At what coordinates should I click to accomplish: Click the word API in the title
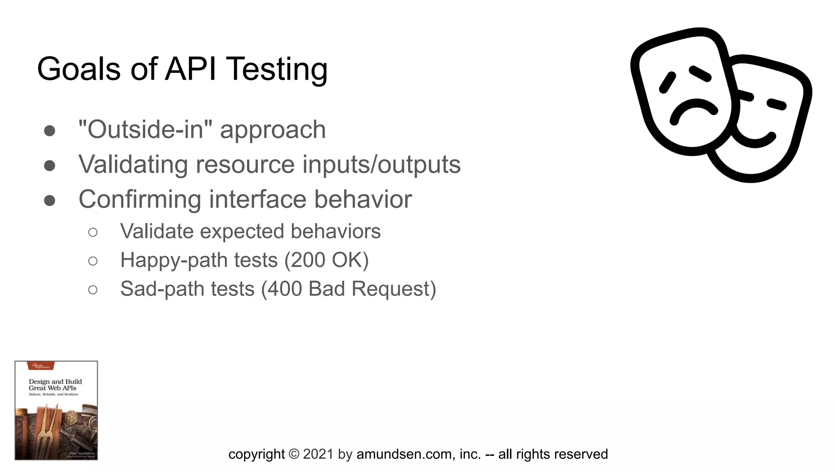190,69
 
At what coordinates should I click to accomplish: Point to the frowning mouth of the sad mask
693,110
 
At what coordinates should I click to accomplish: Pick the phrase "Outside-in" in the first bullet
145,130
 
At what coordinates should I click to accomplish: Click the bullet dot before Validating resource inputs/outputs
50,165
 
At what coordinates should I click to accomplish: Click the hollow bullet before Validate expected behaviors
93,232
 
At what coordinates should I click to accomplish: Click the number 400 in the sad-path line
284,289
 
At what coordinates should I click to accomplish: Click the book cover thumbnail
56,410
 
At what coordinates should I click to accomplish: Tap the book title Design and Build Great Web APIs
55,385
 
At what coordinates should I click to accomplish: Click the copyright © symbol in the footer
293,454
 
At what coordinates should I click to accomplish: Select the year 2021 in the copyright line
318,454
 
